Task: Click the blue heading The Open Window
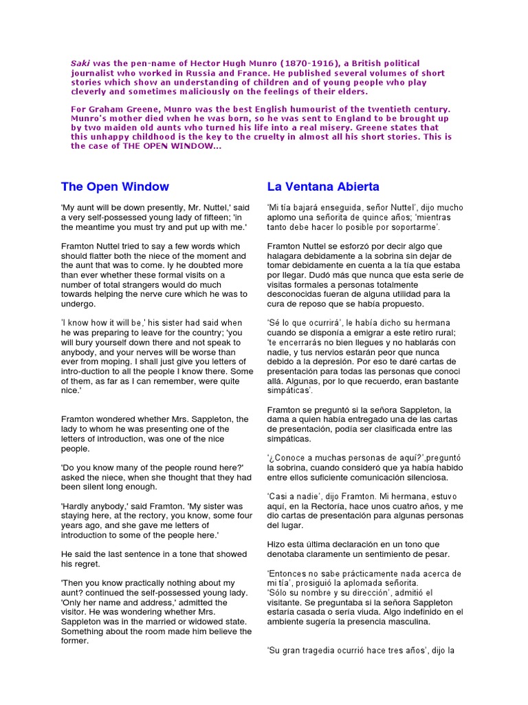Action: (x=115, y=187)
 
